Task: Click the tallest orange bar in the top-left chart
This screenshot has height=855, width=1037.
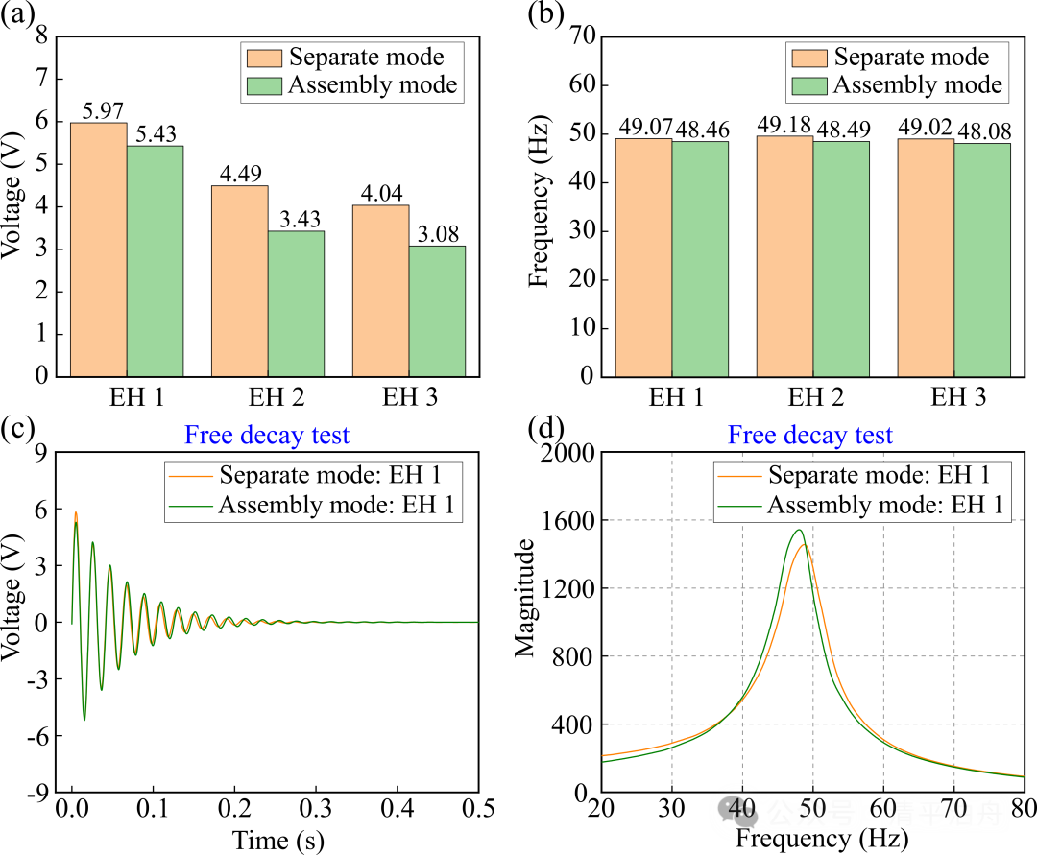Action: coord(98,249)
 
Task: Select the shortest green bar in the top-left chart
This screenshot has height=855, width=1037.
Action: coord(437,311)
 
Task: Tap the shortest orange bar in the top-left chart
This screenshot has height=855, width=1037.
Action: coord(380,291)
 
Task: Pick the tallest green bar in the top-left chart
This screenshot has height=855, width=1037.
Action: coord(155,261)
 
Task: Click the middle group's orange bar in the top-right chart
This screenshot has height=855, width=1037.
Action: coord(784,256)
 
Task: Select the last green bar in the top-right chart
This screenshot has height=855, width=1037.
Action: coord(982,260)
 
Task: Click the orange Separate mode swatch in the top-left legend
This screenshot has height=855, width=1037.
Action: coord(264,58)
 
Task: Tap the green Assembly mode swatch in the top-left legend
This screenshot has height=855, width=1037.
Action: coord(264,85)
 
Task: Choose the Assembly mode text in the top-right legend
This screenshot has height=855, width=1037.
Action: coord(917,85)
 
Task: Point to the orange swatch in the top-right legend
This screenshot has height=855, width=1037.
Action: coord(808,58)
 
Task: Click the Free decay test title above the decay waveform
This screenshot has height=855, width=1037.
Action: coord(267,436)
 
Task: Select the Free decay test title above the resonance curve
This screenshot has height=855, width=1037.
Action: coord(810,436)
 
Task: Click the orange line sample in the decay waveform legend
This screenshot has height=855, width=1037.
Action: coord(190,476)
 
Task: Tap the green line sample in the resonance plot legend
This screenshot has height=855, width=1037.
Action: coord(739,506)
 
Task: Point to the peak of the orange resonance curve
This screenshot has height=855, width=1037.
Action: coord(806,545)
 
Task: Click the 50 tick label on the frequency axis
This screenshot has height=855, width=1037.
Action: coord(812,807)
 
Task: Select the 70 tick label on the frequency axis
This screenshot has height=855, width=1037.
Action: coord(953,807)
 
